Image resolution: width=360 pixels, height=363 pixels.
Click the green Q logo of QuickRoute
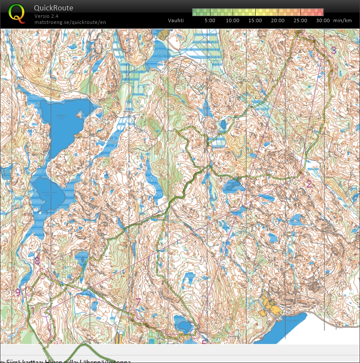(x=17, y=13)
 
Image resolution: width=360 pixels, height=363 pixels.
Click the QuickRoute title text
(x=53, y=8)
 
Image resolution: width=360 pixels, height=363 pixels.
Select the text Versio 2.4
(x=47, y=16)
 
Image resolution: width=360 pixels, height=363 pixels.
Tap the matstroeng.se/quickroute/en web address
(x=70, y=22)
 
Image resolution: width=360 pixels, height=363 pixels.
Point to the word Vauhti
(x=176, y=20)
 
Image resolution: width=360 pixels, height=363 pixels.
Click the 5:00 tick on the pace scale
(x=210, y=20)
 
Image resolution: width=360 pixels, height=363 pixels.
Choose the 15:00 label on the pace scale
(x=255, y=20)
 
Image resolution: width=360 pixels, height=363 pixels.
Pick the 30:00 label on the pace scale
(x=323, y=20)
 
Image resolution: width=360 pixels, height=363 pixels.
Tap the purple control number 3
(x=333, y=50)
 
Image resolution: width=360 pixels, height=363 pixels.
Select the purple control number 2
(x=309, y=184)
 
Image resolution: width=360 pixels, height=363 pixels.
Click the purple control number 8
(x=37, y=261)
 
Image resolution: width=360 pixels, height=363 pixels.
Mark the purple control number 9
(x=18, y=292)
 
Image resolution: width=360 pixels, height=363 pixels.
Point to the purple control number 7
(x=138, y=302)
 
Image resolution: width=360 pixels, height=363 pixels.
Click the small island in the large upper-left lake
(x=79, y=115)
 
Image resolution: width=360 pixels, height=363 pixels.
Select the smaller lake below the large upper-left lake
(x=48, y=194)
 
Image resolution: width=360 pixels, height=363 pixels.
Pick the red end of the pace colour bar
(x=320, y=12)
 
